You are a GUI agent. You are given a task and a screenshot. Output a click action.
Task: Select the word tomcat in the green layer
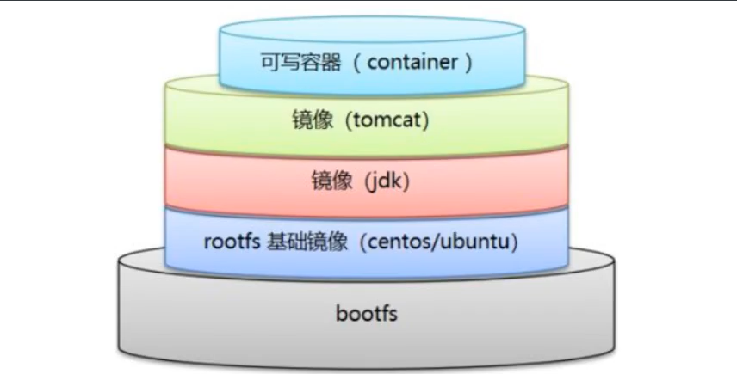pos(384,121)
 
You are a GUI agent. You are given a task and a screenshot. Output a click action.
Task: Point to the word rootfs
pos(233,242)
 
